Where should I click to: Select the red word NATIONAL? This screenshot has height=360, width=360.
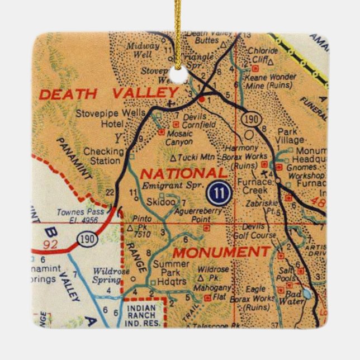184,173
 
